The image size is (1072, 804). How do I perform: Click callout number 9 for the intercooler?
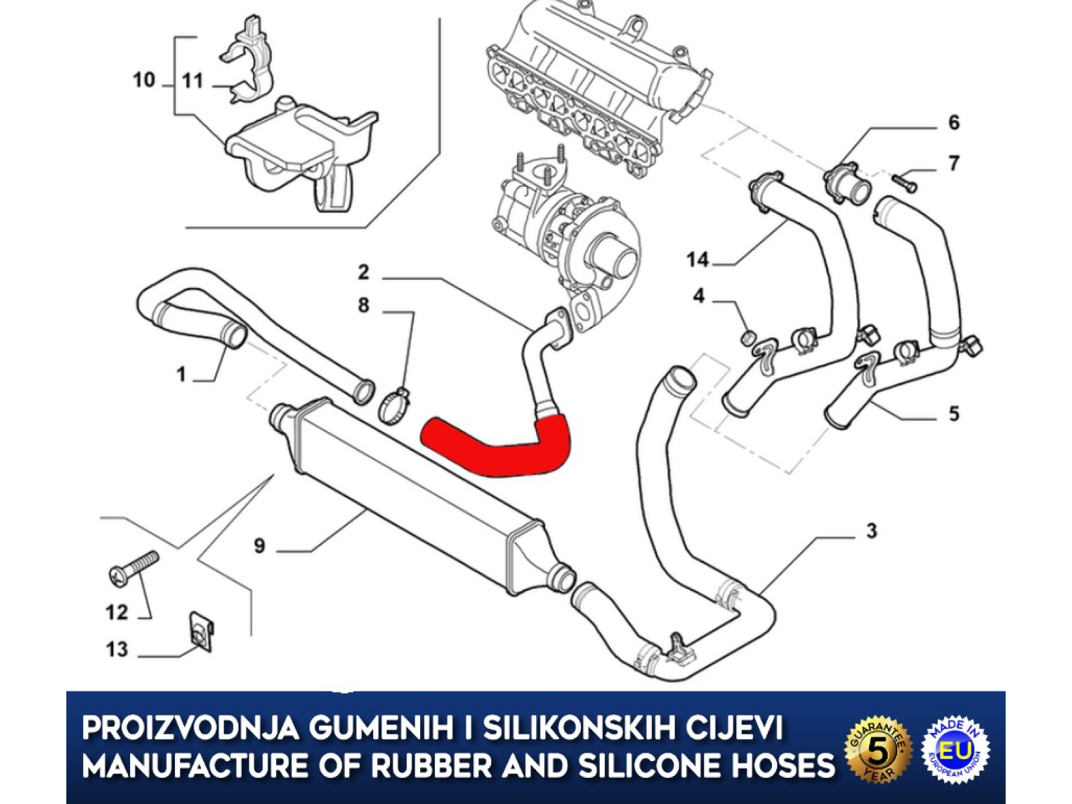260,545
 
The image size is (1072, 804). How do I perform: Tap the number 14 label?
697,259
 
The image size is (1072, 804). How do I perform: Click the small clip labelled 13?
202,631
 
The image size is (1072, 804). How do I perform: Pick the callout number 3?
872,531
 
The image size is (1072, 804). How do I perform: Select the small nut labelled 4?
748,336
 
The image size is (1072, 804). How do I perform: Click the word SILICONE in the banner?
641,765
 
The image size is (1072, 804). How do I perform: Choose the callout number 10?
143,80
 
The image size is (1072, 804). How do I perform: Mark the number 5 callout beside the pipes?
954,413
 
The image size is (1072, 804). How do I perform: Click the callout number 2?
363,272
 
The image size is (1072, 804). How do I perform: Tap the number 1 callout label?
181,375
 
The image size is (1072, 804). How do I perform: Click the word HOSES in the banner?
773,765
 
